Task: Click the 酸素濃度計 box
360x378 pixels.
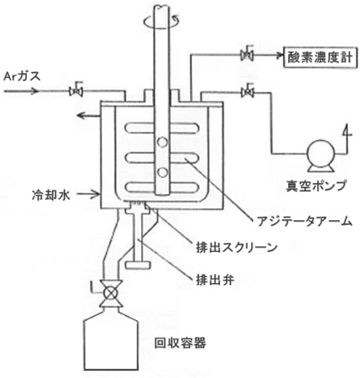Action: click(320, 57)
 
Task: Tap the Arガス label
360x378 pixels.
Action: click(22, 76)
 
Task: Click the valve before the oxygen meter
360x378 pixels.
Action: click(247, 54)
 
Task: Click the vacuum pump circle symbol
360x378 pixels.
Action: click(321, 153)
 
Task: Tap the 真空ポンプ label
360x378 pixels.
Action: click(316, 185)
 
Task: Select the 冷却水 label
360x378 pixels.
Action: click(51, 194)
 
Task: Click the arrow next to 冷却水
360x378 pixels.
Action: click(88, 194)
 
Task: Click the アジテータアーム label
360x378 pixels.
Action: click(304, 221)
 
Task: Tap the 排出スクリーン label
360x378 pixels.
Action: click(237, 247)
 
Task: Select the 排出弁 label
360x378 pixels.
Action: click(215, 280)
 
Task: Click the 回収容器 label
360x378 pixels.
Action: click(180, 343)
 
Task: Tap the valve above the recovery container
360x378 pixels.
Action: click(111, 293)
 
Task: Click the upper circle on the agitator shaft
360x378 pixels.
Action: click(162, 142)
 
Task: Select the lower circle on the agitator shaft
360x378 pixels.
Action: click(162, 173)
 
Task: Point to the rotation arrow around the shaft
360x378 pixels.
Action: click(162, 23)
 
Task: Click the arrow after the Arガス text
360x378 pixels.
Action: click(21, 91)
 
